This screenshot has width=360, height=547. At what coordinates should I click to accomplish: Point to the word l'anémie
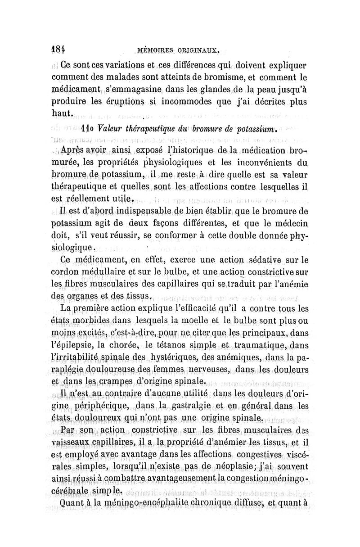[288, 285]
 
